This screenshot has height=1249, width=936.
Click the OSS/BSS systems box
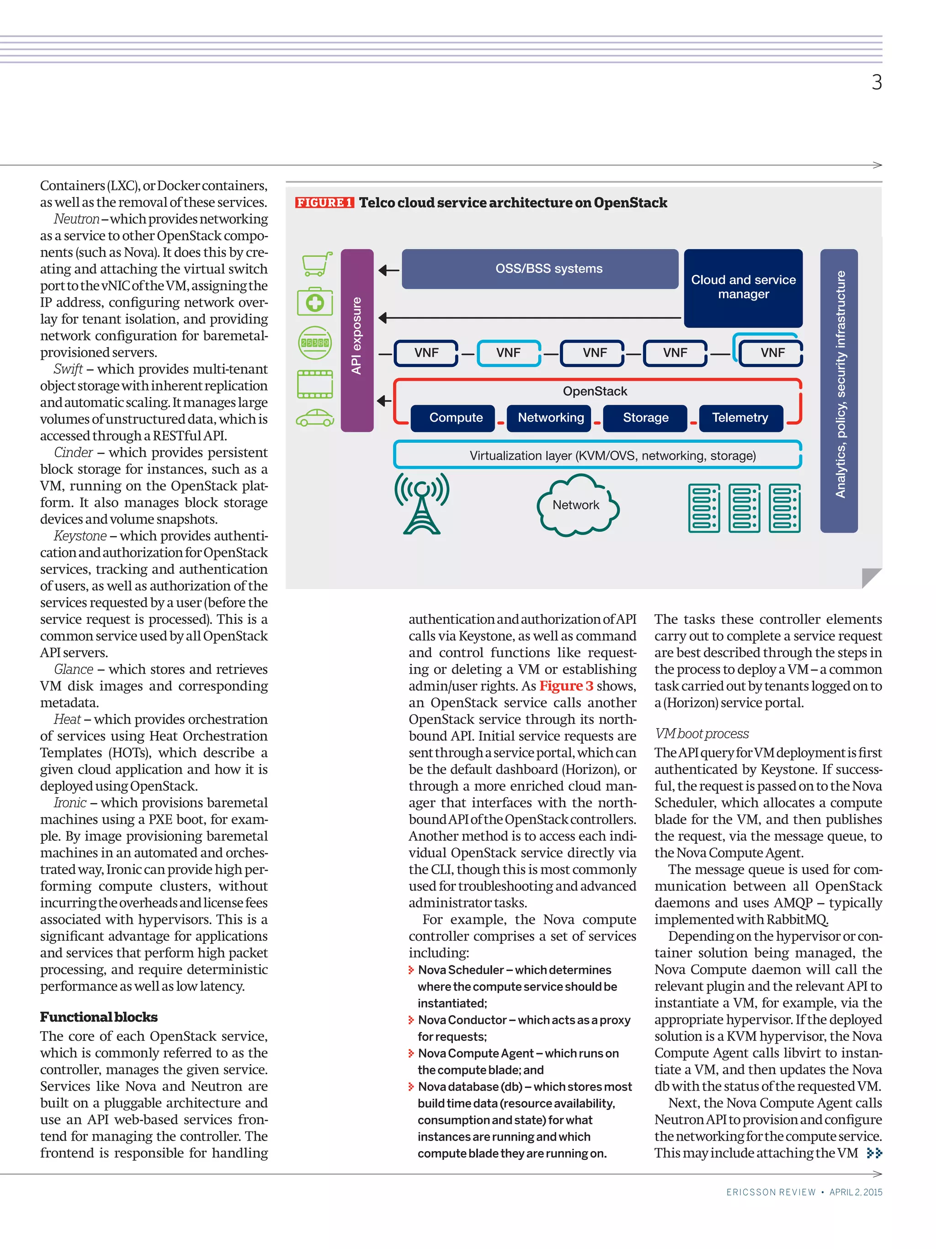[539, 269]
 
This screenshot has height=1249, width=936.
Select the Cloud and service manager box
[743, 287]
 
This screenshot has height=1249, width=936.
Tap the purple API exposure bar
[356, 340]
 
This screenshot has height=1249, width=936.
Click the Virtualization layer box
[597, 455]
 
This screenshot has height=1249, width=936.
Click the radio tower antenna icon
[421, 503]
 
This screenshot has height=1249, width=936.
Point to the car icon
[314, 418]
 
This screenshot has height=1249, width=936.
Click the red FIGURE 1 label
[324, 203]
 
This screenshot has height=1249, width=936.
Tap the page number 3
[876, 82]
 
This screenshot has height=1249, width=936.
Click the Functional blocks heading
[99, 1018]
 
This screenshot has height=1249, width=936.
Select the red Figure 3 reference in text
[565, 686]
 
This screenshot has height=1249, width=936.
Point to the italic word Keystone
[80, 536]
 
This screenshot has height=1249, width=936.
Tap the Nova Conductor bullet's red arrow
[411, 1020]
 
